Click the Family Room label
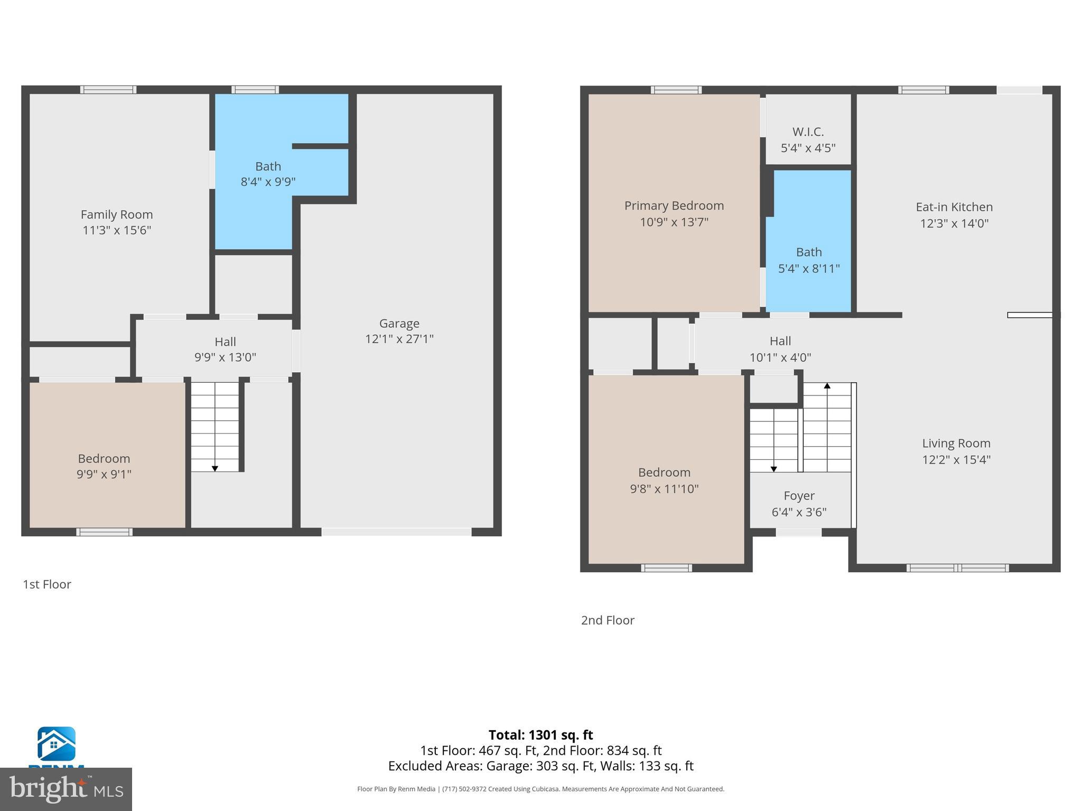pos(117,214)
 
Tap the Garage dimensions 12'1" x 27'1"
pos(399,339)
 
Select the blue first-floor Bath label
pos(268,167)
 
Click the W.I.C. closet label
pos(808,132)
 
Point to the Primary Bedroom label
pos(674,206)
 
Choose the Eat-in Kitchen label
pos(954,207)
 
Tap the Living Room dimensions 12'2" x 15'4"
pos(956,460)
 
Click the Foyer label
pos(799,496)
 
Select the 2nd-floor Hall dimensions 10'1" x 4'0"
pos(780,357)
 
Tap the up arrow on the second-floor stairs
pos(827,386)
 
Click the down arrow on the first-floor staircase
pos(214,468)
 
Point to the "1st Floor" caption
pos(46,584)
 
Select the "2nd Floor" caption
pos(608,620)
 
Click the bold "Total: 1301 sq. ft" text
pos(540,735)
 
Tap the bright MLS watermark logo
pos(66,789)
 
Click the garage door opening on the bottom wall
pos(396,532)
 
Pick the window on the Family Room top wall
pos(108,90)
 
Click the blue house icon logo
pos(56,744)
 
